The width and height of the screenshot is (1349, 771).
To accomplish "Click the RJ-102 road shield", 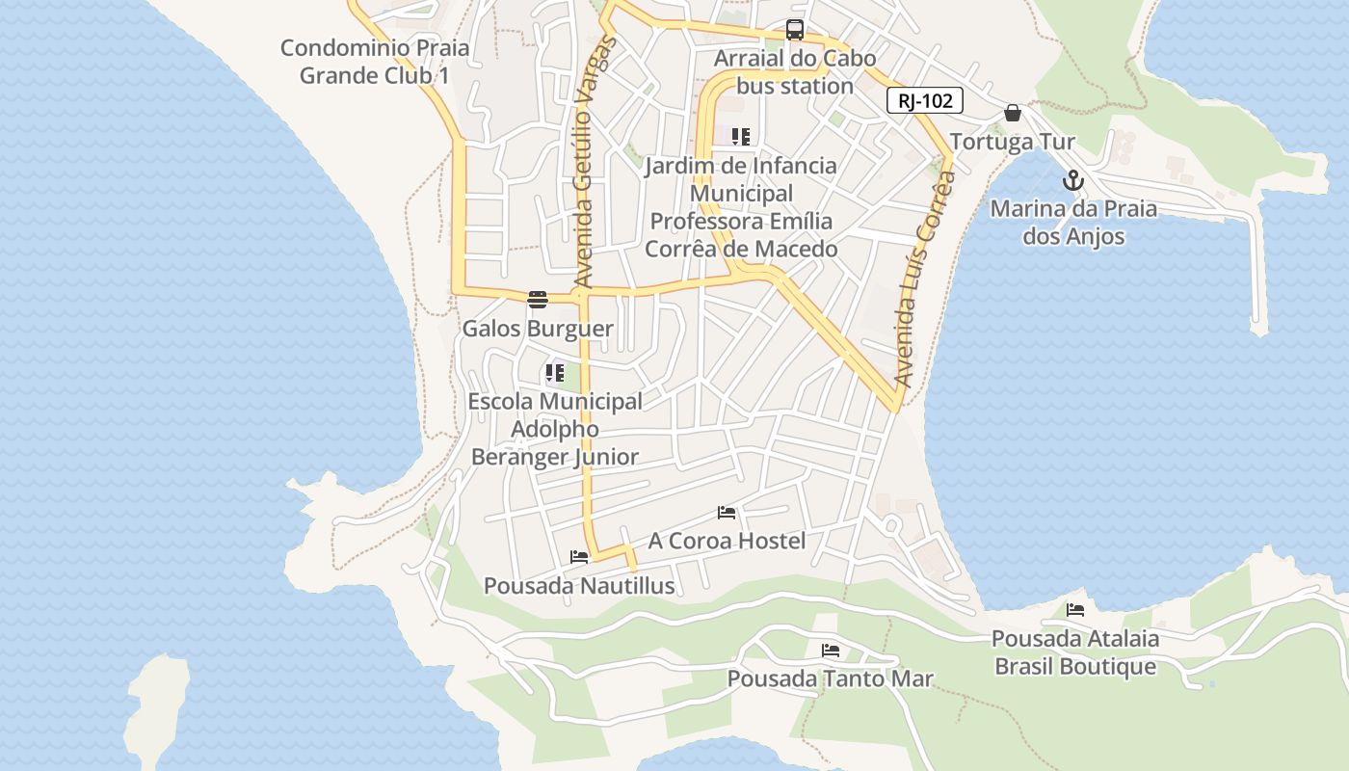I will [925, 100].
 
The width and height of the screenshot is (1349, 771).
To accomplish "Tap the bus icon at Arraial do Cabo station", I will [794, 30].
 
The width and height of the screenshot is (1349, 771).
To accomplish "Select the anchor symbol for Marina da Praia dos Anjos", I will [1072, 180].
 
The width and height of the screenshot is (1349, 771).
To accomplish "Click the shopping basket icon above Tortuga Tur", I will [1012, 113].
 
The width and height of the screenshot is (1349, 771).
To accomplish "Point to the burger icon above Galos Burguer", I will [538, 300].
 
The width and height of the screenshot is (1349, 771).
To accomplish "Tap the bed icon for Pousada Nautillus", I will [579, 557].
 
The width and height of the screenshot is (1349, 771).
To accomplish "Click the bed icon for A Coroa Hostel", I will [727, 513].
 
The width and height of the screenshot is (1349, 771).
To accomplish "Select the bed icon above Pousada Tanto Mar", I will [831, 651].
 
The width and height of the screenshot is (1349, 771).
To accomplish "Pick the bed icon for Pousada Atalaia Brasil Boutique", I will [1075, 610].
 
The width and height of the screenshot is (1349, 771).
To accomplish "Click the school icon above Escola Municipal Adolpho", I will [554, 373].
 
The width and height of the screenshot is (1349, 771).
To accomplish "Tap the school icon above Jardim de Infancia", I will [740, 137].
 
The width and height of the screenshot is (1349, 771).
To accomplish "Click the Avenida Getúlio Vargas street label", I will [594, 162].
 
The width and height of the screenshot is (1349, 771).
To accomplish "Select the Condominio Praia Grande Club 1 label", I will [375, 62].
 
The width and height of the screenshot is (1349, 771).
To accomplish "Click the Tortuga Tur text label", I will [1012, 143].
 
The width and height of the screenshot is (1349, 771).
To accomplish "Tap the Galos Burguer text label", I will [538, 329].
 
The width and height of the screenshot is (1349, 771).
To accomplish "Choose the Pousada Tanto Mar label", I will [830, 679].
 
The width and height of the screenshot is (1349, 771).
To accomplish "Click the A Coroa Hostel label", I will [727, 541].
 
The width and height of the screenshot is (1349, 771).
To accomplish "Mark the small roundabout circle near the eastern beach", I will [891, 526].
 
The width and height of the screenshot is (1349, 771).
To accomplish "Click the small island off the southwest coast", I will [157, 708].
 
